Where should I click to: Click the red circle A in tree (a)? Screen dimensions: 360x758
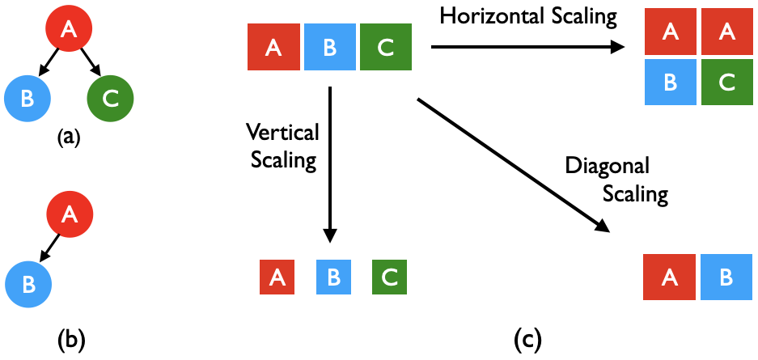click(69, 30)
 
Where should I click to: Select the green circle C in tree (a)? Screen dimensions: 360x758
click(110, 99)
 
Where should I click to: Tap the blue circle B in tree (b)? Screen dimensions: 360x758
click(28, 285)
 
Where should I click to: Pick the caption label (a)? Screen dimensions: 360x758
click(69, 138)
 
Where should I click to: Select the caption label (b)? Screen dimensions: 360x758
click(70, 340)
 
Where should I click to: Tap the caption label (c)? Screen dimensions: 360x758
click(527, 340)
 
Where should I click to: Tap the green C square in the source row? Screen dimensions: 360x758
click(385, 48)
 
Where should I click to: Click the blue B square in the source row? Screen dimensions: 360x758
click(329, 48)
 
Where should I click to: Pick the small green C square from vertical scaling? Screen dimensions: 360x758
click(389, 277)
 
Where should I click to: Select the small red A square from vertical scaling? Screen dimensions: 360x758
click(277, 277)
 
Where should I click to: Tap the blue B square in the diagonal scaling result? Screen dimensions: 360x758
click(726, 277)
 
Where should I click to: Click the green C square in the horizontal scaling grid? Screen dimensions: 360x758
click(726, 83)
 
